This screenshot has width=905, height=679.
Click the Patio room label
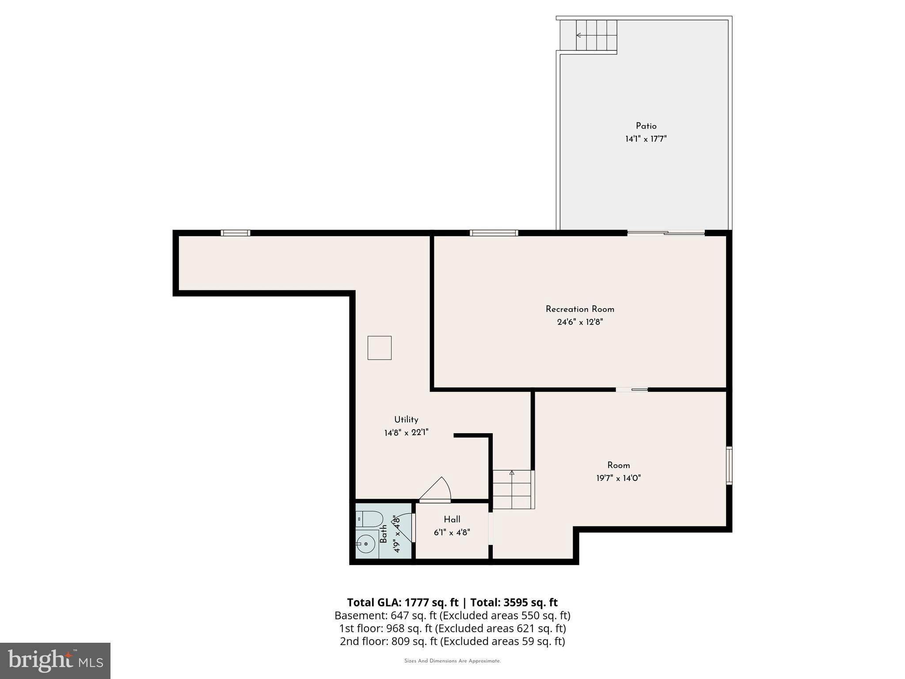(x=646, y=126)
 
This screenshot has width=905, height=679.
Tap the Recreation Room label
(x=580, y=309)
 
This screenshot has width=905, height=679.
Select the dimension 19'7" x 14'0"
(x=618, y=478)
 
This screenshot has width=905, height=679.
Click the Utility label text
(x=406, y=420)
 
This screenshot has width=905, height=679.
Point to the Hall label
(x=452, y=519)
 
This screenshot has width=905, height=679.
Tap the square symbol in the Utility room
(x=379, y=347)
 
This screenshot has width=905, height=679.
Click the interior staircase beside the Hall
(x=513, y=489)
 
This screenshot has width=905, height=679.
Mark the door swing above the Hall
(x=435, y=490)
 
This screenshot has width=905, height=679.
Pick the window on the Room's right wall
(x=729, y=465)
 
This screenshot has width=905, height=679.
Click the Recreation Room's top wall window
(x=494, y=233)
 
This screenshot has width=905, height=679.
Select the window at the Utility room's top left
(x=236, y=233)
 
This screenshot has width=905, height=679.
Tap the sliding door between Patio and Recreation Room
(x=665, y=233)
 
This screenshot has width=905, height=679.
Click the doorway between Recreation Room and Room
(x=631, y=389)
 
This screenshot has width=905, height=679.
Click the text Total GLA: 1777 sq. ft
(x=403, y=603)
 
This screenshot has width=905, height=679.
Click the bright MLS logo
(x=55, y=661)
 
